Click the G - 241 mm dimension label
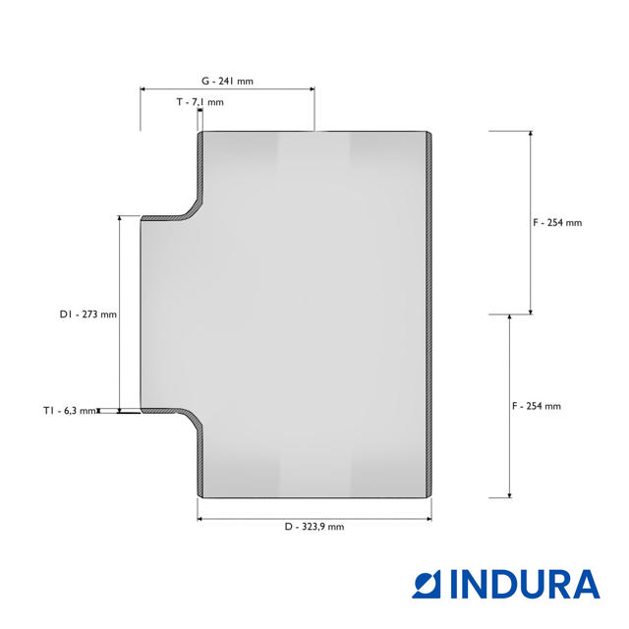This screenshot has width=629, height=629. [227, 81]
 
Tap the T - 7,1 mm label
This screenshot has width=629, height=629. [200, 102]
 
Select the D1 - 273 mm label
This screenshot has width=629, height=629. [87, 314]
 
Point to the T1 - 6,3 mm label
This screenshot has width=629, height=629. [70, 411]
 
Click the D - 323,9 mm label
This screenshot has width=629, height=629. [314, 527]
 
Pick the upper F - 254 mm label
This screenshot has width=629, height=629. [557, 223]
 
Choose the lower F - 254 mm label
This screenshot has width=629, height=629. [537, 406]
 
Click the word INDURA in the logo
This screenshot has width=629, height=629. [525, 584]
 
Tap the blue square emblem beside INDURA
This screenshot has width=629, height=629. [427, 584]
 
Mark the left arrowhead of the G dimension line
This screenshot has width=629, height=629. [143, 89]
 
